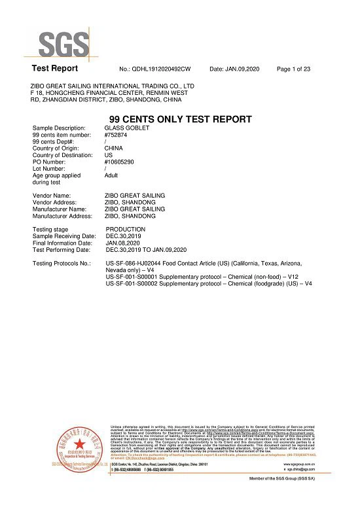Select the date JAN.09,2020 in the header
click(x=241, y=69)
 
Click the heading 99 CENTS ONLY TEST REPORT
click(x=180, y=119)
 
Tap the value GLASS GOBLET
click(x=127, y=128)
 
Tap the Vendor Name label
click(x=51, y=196)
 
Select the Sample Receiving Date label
click(x=64, y=236)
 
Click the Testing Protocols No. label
click(x=62, y=263)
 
